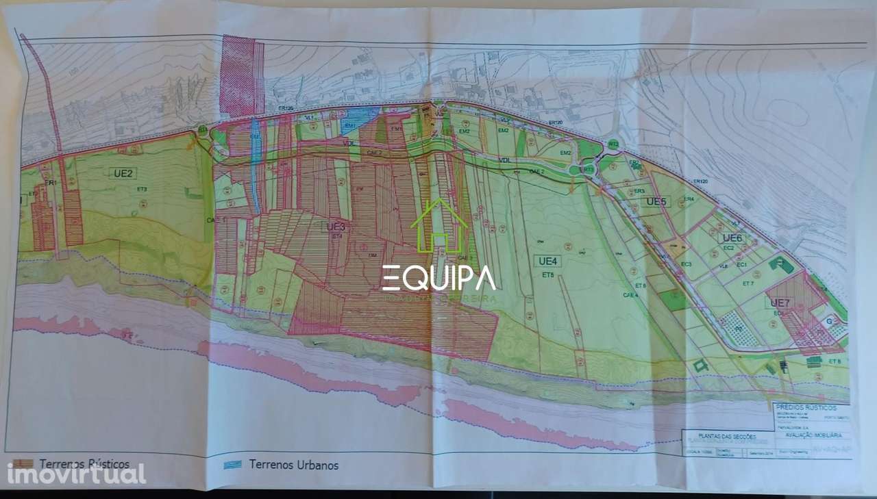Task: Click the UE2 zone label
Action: [x=121, y=173]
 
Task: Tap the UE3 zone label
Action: [x=336, y=227]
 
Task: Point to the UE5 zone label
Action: [x=656, y=202]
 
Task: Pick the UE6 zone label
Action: [x=732, y=238]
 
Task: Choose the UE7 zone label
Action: [x=780, y=303]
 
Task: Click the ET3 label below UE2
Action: [x=143, y=189]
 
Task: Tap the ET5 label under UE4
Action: [x=547, y=275]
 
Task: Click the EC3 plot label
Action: [x=685, y=264]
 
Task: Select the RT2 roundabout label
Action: [x=613, y=144]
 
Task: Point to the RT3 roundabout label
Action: [x=588, y=169]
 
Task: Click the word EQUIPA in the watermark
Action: [x=438, y=278]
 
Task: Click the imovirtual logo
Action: [x=76, y=474]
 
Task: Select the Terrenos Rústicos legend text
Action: [x=84, y=464]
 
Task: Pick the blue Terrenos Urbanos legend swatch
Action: [x=233, y=465]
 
